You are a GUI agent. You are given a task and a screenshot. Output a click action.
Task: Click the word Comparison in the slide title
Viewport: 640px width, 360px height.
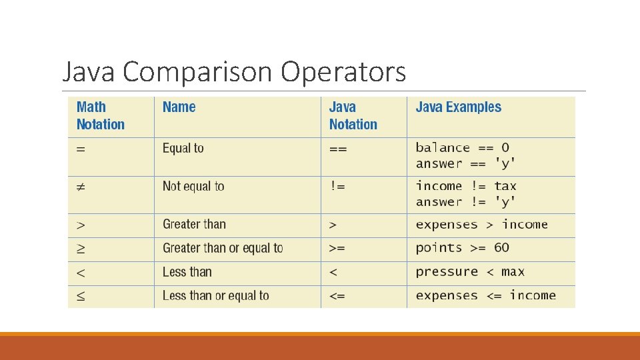tap(197, 72)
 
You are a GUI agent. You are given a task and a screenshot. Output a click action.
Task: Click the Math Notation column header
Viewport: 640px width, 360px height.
tap(100, 115)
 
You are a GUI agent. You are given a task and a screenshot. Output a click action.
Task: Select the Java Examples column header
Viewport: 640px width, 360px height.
tap(458, 107)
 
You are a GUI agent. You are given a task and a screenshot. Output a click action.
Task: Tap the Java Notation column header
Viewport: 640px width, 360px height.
tap(353, 115)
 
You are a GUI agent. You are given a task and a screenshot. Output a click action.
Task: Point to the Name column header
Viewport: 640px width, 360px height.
tap(179, 107)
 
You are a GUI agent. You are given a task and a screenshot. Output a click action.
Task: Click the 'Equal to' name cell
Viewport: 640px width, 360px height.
tap(183, 148)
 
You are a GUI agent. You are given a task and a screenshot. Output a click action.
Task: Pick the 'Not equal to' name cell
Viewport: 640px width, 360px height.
tap(193, 186)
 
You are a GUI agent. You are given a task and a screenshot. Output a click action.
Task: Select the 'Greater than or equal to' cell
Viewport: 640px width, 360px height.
tap(223, 248)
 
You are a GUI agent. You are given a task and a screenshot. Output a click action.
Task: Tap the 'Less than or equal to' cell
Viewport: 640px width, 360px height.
tap(215, 295)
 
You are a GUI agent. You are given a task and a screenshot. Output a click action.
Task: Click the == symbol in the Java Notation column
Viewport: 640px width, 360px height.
tap(338, 148)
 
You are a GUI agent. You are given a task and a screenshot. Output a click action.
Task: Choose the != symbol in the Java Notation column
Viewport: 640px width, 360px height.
tap(337, 186)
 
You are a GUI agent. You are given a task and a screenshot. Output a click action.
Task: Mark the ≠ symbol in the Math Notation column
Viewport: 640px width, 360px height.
tap(81, 187)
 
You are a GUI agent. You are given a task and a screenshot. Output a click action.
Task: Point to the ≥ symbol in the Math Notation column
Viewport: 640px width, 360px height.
tap(81, 249)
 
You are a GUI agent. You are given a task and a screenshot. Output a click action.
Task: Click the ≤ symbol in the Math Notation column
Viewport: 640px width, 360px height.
tap(81, 296)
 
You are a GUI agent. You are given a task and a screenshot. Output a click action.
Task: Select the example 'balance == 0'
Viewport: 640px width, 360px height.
tap(462, 147)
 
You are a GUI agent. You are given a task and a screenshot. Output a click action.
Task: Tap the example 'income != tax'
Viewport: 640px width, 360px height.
tap(466, 186)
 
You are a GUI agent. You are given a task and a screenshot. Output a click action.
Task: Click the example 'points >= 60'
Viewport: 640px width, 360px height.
tap(462, 247)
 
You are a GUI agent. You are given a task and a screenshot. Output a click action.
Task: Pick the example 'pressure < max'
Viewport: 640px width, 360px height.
tap(470, 271)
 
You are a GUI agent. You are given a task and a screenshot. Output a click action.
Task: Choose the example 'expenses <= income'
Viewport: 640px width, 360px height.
tap(485, 295)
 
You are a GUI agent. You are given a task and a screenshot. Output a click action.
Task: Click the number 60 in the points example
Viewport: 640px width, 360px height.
tap(501, 247)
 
